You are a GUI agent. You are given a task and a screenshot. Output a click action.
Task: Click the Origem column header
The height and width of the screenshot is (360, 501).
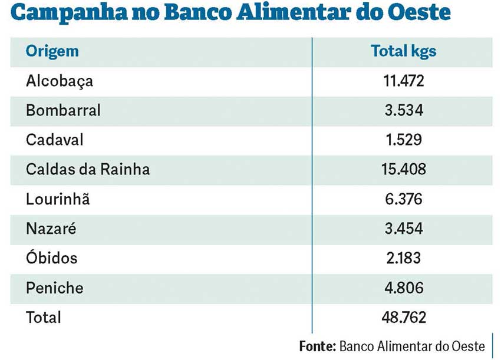[x=52, y=51]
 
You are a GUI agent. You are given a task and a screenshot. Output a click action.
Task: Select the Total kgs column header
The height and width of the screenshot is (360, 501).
[x=404, y=51]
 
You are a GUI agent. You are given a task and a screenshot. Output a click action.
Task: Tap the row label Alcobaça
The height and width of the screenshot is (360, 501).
[x=60, y=81]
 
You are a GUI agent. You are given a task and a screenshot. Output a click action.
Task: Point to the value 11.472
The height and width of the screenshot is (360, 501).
[x=404, y=81]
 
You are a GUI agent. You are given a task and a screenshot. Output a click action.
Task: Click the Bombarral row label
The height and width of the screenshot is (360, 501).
[x=63, y=110]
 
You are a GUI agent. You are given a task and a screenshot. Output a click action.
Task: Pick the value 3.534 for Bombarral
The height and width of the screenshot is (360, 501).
[x=404, y=110]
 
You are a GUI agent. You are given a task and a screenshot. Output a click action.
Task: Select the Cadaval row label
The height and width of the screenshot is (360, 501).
[x=55, y=140]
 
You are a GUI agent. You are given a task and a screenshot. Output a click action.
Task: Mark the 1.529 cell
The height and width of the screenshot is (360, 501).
[x=404, y=140]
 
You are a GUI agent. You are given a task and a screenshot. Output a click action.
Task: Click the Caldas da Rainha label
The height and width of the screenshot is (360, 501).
[x=88, y=170]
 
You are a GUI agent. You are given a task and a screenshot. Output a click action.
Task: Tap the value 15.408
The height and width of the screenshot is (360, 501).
[x=404, y=170]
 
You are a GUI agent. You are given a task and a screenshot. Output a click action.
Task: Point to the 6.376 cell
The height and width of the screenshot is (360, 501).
[x=404, y=199]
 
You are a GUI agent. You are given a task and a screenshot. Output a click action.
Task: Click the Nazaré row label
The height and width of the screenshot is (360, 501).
[x=51, y=229]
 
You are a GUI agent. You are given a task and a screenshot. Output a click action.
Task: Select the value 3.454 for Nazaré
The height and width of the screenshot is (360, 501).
[x=404, y=229]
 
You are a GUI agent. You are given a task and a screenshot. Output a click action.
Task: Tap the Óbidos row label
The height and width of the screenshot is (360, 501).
[x=52, y=258]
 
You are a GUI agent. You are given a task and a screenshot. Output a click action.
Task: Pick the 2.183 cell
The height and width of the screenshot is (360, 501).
[x=404, y=258]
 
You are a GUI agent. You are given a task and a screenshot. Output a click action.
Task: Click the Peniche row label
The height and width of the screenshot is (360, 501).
[x=55, y=288]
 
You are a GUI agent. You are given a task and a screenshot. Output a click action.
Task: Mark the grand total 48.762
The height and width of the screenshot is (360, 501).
[x=404, y=318]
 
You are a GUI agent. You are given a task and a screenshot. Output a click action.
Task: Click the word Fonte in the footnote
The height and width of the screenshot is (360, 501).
[x=317, y=345]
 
